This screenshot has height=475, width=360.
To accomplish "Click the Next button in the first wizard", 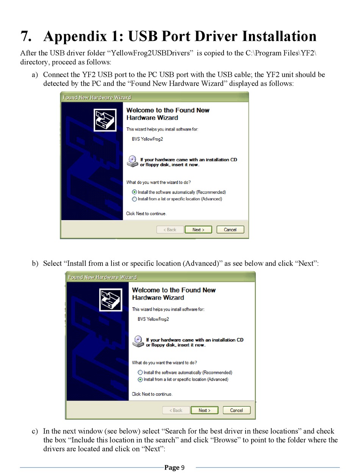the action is [198, 230].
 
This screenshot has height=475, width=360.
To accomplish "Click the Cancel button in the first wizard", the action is [230, 230].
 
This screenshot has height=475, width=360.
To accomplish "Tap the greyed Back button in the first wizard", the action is [170, 230].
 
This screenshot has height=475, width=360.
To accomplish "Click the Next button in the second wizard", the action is [204, 410].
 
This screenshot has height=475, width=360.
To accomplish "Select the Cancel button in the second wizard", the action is [236, 410].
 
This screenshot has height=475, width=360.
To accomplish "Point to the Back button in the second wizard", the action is [176, 410].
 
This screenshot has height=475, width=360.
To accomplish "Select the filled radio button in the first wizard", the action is [135, 192].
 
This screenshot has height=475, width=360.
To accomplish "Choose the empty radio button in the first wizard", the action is [135, 199].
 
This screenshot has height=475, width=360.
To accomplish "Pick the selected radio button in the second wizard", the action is [140, 379].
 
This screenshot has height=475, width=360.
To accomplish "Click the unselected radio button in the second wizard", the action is [140, 372].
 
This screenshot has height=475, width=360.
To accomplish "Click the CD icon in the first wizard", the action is [133, 161].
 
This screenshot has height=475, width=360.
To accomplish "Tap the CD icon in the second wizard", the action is [138, 342].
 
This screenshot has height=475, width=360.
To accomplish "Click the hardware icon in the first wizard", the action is [105, 120].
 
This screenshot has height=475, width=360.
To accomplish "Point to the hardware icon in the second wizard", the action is [111, 300].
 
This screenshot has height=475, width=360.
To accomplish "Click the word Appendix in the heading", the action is [75, 36].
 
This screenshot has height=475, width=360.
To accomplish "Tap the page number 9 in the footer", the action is [183, 467].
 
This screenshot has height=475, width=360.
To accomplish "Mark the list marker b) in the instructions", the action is [35, 263].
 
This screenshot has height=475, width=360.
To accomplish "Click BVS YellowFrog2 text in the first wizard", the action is [147, 139].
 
